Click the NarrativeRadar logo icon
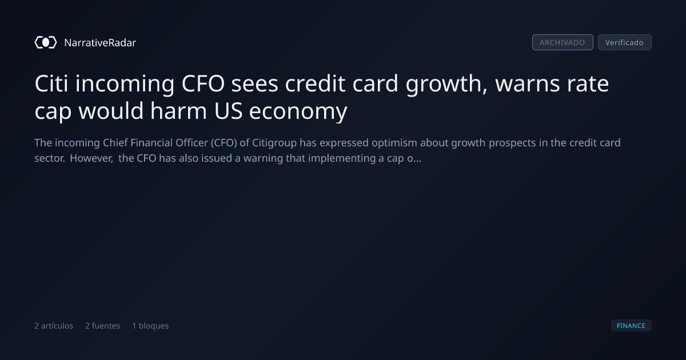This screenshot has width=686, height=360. [x=46, y=42]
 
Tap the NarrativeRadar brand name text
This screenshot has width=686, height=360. [x=100, y=43]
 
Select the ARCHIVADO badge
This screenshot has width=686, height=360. [x=563, y=42]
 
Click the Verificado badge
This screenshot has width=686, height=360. [x=625, y=42]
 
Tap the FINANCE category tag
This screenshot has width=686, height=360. [x=631, y=325]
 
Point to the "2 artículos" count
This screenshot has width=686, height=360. [x=54, y=326]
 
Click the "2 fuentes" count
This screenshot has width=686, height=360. [x=102, y=326]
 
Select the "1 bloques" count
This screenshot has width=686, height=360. [x=150, y=326]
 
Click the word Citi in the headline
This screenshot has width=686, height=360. [x=51, y=83]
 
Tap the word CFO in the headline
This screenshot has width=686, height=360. [x=203, y=83]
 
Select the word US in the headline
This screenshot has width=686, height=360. [x=229, y=111]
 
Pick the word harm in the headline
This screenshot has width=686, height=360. [x=178, y=110]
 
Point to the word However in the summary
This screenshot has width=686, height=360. [x=91, y=159]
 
